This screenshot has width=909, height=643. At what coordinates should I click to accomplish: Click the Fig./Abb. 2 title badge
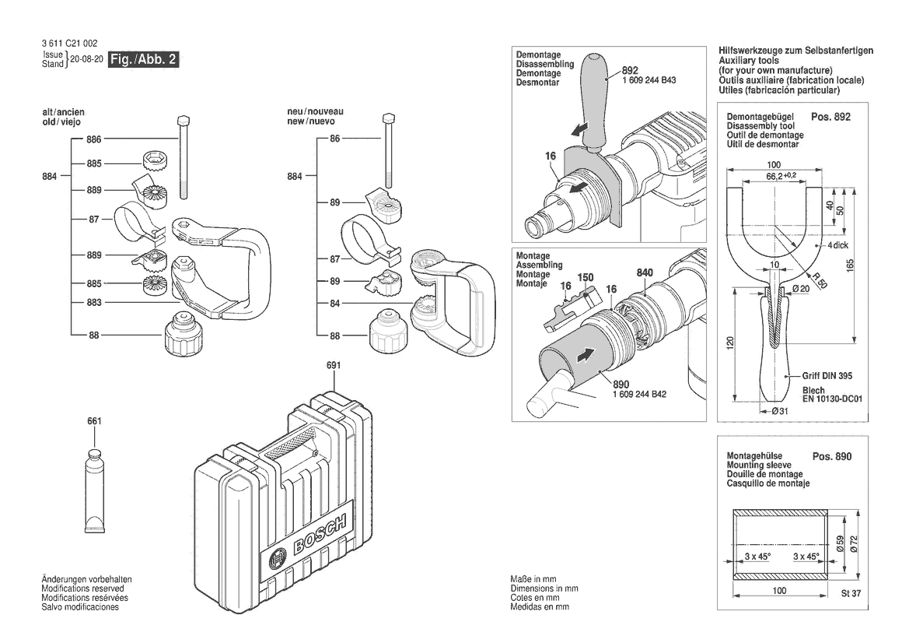144,60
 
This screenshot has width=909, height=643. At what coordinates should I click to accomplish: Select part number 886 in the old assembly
94,139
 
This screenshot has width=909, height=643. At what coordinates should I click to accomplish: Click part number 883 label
94,301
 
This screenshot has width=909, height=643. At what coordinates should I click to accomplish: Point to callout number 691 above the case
334,365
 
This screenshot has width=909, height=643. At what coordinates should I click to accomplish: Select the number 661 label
94,421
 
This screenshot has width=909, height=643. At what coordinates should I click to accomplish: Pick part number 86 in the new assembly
335,139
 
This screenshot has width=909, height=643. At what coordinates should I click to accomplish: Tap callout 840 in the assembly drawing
644,272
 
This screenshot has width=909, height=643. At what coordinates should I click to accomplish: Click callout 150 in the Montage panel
586,278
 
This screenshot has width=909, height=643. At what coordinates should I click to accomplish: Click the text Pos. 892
830,117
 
